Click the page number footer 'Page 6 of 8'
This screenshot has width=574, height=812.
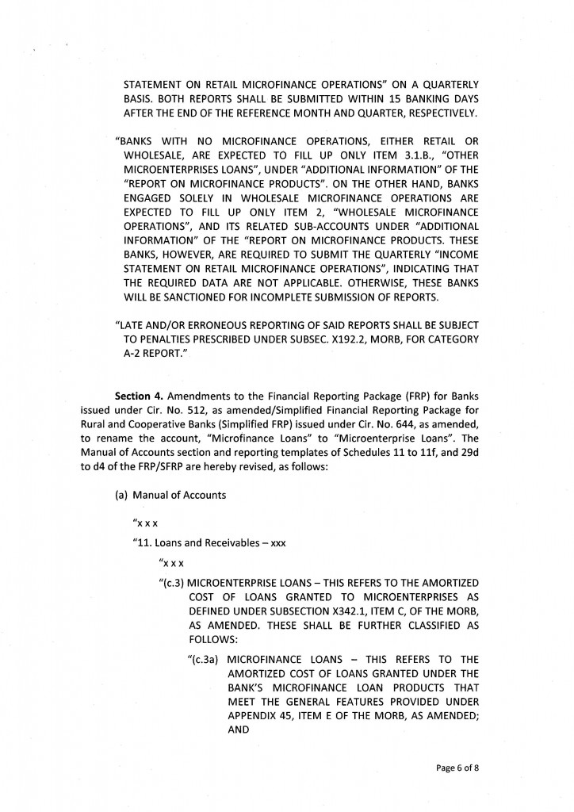(x=457, y=768)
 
